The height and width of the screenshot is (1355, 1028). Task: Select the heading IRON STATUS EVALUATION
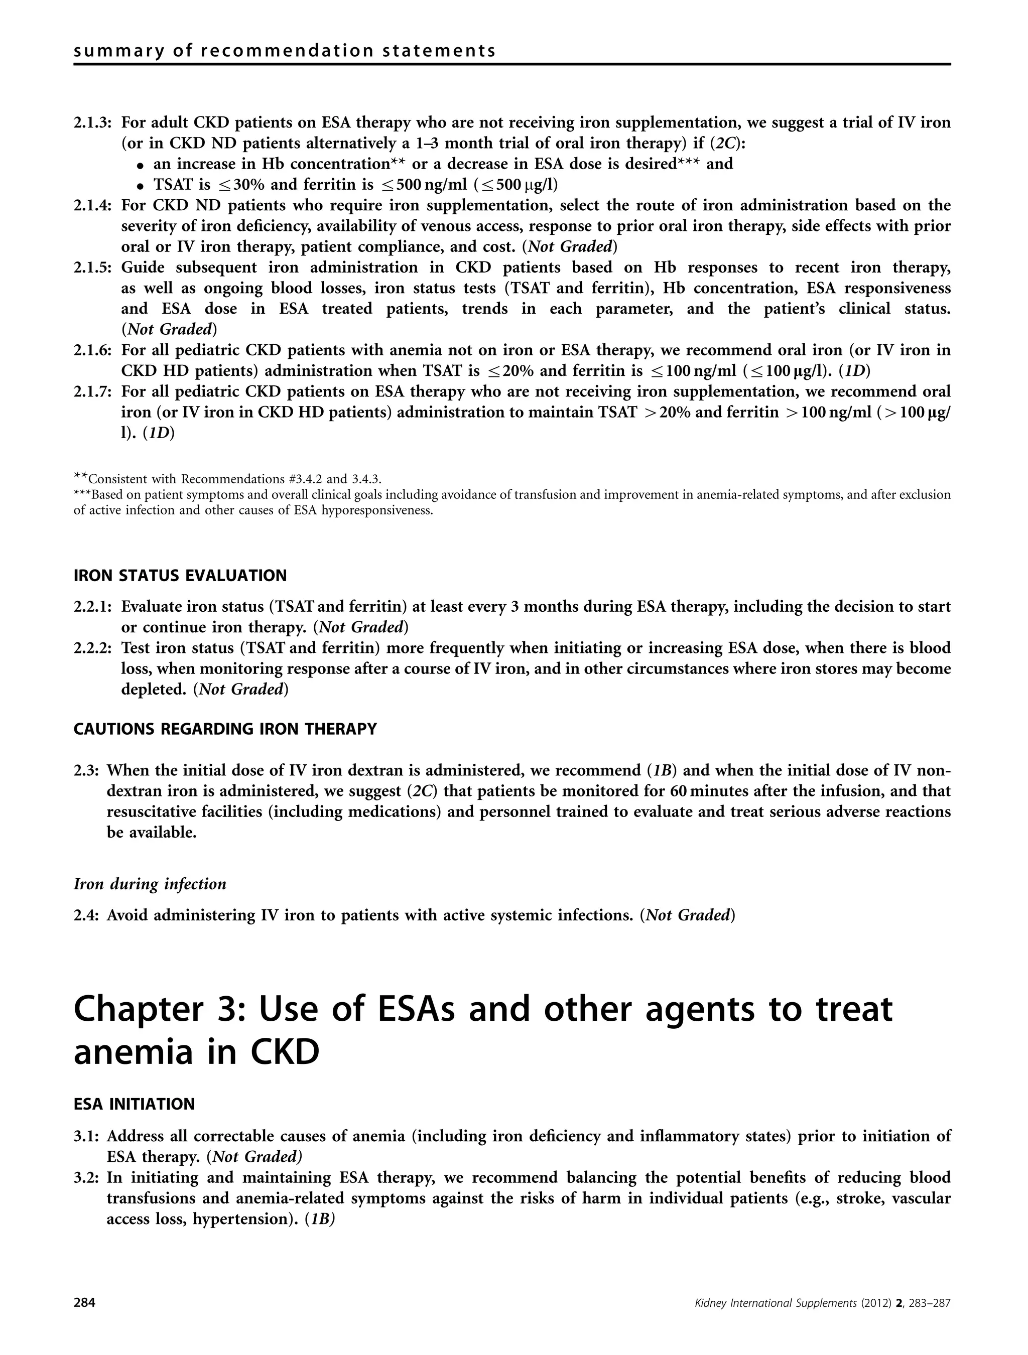[x=180, y=576]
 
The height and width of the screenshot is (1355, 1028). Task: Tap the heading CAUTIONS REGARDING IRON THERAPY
[x=225, y=729]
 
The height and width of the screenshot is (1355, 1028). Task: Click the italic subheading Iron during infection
[x=150, y=884]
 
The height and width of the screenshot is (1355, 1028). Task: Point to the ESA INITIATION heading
[x=134, y=1104]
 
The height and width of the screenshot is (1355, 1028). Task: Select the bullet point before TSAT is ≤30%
[x=141, y=186]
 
